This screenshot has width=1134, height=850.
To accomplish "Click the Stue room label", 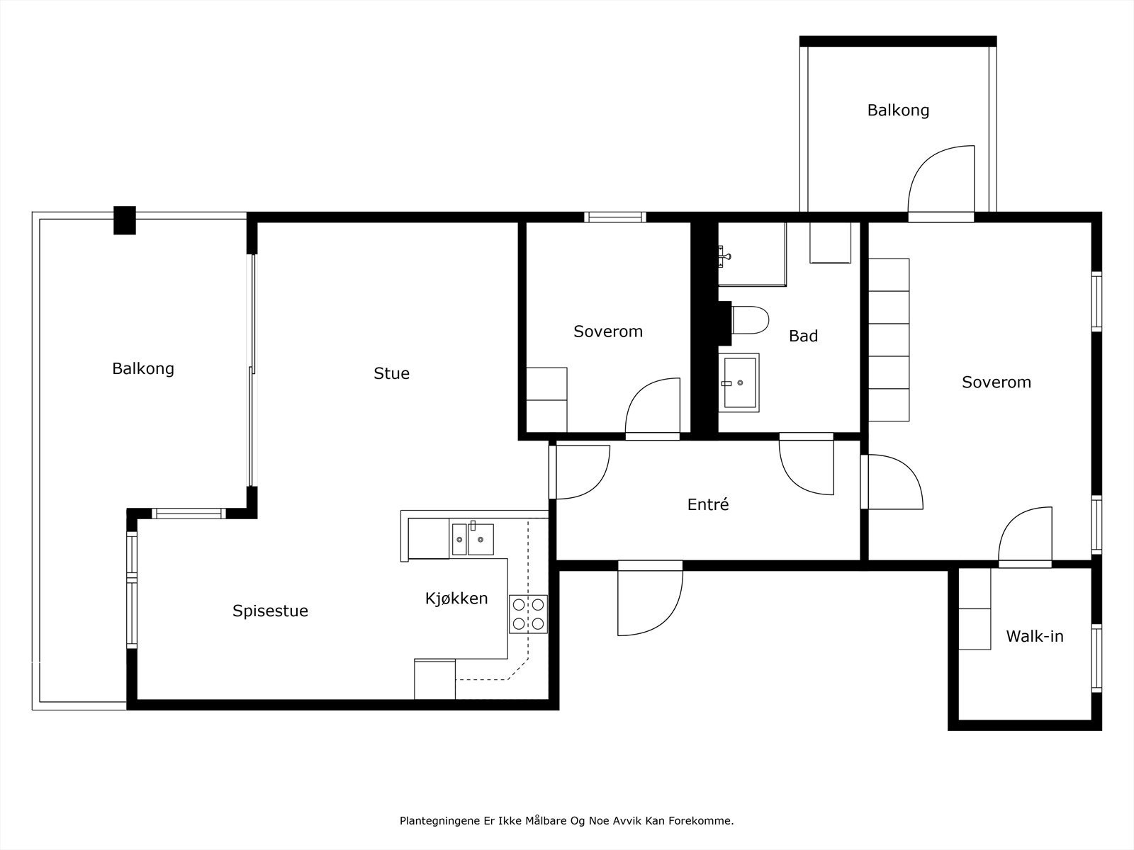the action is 391,373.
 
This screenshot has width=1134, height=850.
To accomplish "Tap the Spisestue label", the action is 270,611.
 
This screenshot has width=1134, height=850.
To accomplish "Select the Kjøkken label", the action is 456,598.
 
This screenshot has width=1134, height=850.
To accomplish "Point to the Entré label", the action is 708,504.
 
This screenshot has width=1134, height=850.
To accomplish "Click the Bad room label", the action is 803,336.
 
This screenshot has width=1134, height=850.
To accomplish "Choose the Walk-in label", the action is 1034,636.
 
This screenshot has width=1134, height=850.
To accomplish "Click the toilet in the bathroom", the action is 750,320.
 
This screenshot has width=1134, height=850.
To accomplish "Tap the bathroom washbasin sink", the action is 739,382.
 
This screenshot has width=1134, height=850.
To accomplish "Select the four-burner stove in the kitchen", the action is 528,614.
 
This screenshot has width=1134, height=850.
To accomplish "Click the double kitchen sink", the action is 473,539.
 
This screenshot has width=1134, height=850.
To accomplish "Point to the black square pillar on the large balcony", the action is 125,220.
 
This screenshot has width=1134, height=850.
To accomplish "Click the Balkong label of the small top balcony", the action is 898,110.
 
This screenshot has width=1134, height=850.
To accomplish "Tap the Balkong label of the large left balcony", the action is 143,369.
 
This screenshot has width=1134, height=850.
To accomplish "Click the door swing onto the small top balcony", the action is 925,164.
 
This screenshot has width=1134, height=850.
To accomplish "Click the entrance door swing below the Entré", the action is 666,618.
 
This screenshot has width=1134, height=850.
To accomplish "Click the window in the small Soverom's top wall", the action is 614,217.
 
